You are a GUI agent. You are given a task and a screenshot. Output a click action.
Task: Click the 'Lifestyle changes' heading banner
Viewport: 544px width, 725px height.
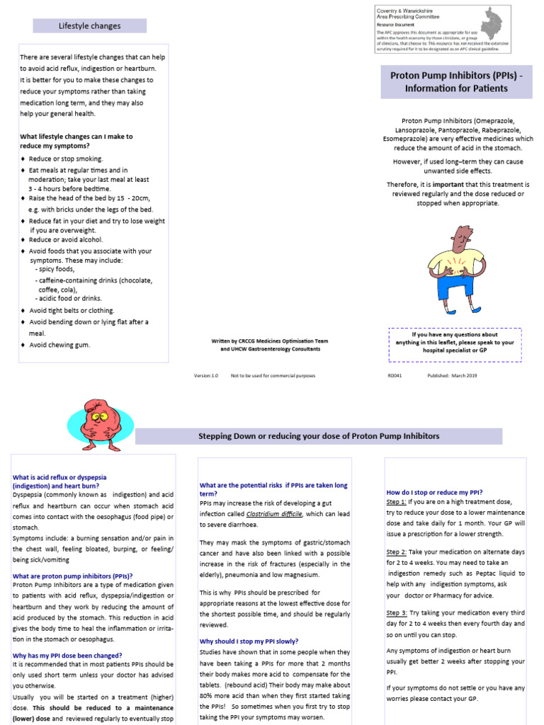point(89,26)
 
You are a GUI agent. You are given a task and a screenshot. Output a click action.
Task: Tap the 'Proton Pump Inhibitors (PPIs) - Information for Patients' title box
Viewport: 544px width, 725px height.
point(456,81)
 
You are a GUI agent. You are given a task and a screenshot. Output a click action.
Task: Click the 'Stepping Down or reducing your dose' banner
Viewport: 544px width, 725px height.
point(318,436)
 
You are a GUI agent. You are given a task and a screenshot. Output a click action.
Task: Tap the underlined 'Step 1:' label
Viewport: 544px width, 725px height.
point(397,502)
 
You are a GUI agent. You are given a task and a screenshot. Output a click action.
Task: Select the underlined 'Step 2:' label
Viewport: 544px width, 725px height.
point(397,552)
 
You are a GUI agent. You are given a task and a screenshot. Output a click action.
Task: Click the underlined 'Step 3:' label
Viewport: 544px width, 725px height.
point(397,612)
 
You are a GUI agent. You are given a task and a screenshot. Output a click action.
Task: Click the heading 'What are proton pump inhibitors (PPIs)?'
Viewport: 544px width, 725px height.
point(72,576)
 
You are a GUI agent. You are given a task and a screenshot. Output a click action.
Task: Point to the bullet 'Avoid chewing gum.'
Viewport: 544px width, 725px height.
point(59,346)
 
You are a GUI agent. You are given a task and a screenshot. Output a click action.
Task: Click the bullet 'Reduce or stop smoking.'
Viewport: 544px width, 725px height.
point(66,159)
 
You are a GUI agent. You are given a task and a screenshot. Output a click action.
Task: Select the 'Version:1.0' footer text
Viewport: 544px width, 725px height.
point(206,376)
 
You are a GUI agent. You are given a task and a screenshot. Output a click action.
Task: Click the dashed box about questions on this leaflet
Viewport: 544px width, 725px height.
point(455,342)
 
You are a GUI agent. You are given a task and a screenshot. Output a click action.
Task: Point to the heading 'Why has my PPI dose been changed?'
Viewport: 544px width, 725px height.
point(67,656)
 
